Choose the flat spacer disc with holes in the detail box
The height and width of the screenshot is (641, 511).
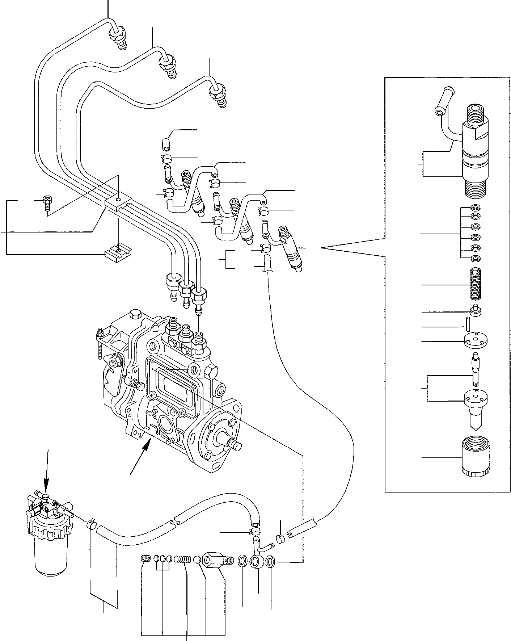tap(476, 341)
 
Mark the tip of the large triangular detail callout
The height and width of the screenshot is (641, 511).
tap(321, 248)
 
